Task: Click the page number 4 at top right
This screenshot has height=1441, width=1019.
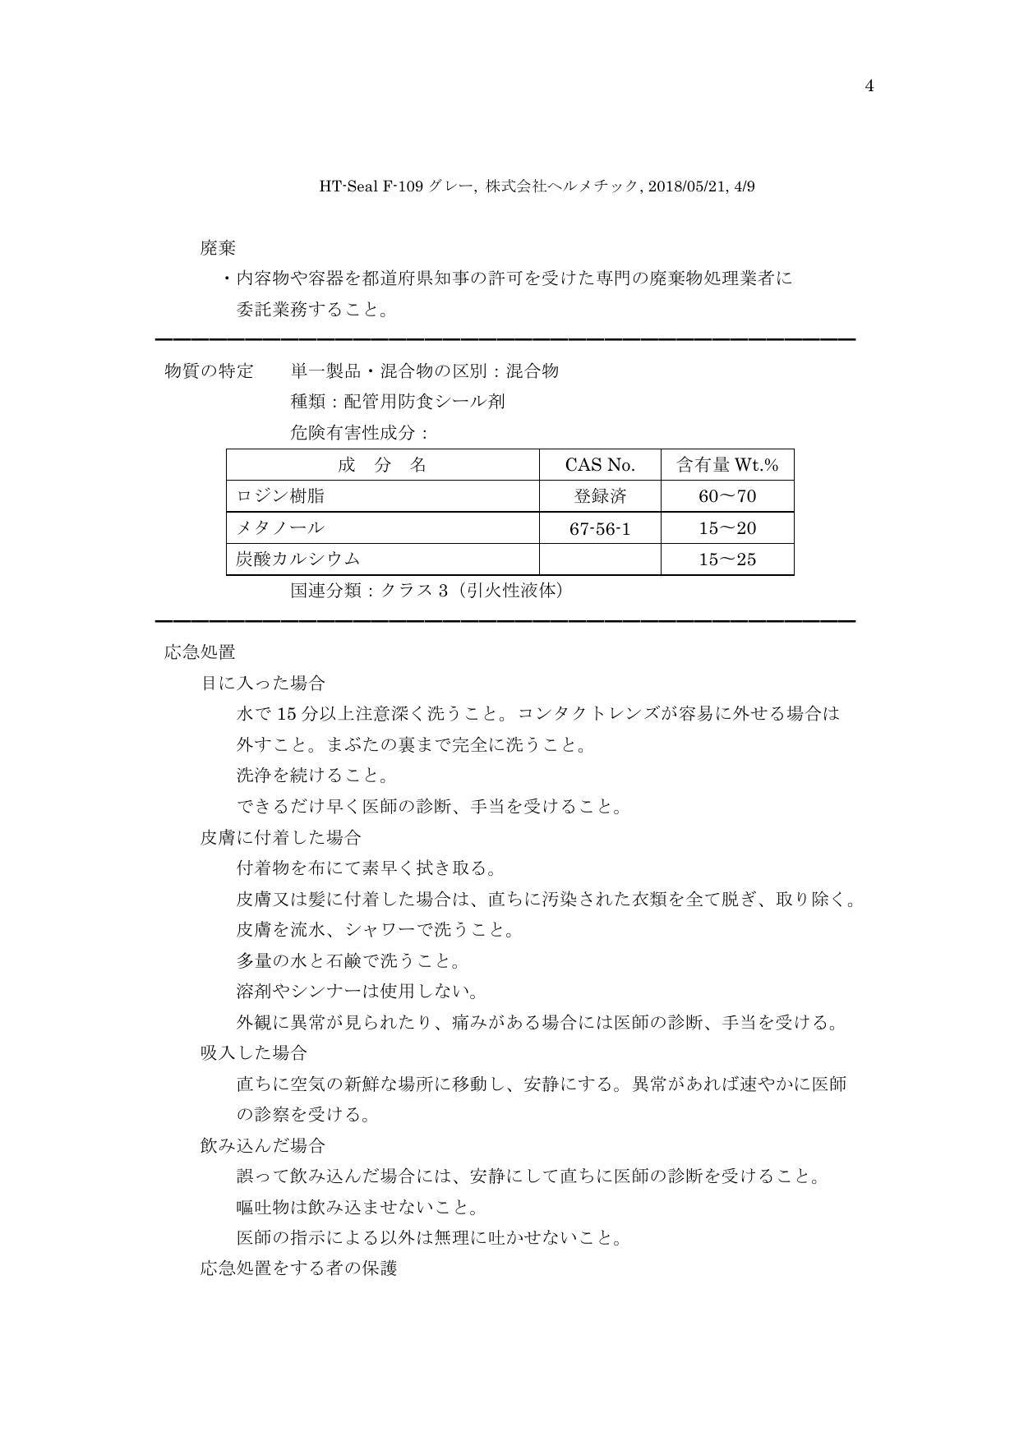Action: pos(869,86)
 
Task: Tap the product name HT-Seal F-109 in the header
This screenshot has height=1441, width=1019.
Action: pos(372,186)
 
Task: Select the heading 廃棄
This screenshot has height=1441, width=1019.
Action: pos(218,247)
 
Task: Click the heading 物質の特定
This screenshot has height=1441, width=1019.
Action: pos(209,371)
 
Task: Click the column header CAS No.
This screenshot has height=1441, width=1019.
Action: pos(600,465)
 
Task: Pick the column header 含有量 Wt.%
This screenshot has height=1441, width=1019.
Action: pos(727,465)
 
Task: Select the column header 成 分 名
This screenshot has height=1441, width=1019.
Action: pos(382,465)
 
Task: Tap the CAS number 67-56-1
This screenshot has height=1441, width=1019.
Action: pos(600,528)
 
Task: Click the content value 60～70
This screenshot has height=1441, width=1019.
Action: pos(727,496)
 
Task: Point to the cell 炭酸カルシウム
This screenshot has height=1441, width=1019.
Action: pos(298,559)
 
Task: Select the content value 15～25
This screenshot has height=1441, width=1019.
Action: pos(727,559)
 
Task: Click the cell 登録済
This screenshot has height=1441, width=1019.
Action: pos(600,496)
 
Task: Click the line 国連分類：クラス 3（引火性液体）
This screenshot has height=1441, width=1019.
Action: pos(428,591)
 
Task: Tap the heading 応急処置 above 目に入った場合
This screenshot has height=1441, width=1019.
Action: pos(200,652)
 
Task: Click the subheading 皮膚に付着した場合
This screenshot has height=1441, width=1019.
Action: pos(280,837)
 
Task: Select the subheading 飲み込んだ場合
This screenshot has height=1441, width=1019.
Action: pos(262,1145)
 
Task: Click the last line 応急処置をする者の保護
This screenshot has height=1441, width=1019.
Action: pos(298,1268)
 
